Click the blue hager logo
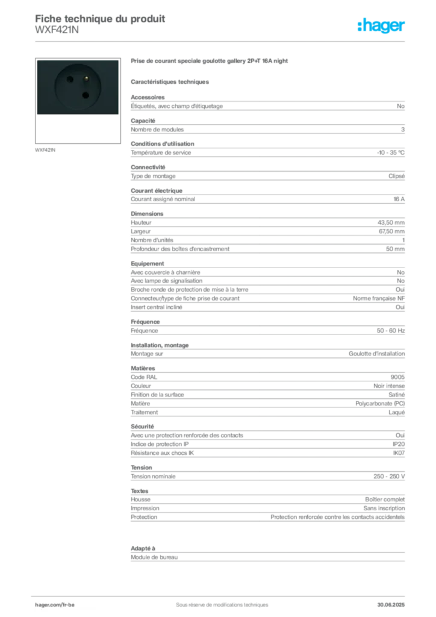[382, 27]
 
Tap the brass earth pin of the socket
[86, 78]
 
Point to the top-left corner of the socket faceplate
[37, 60]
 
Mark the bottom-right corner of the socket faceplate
[119, 115]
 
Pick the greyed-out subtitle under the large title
[171, 81]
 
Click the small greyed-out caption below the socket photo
[46, 149]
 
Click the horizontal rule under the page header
[221, 42]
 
